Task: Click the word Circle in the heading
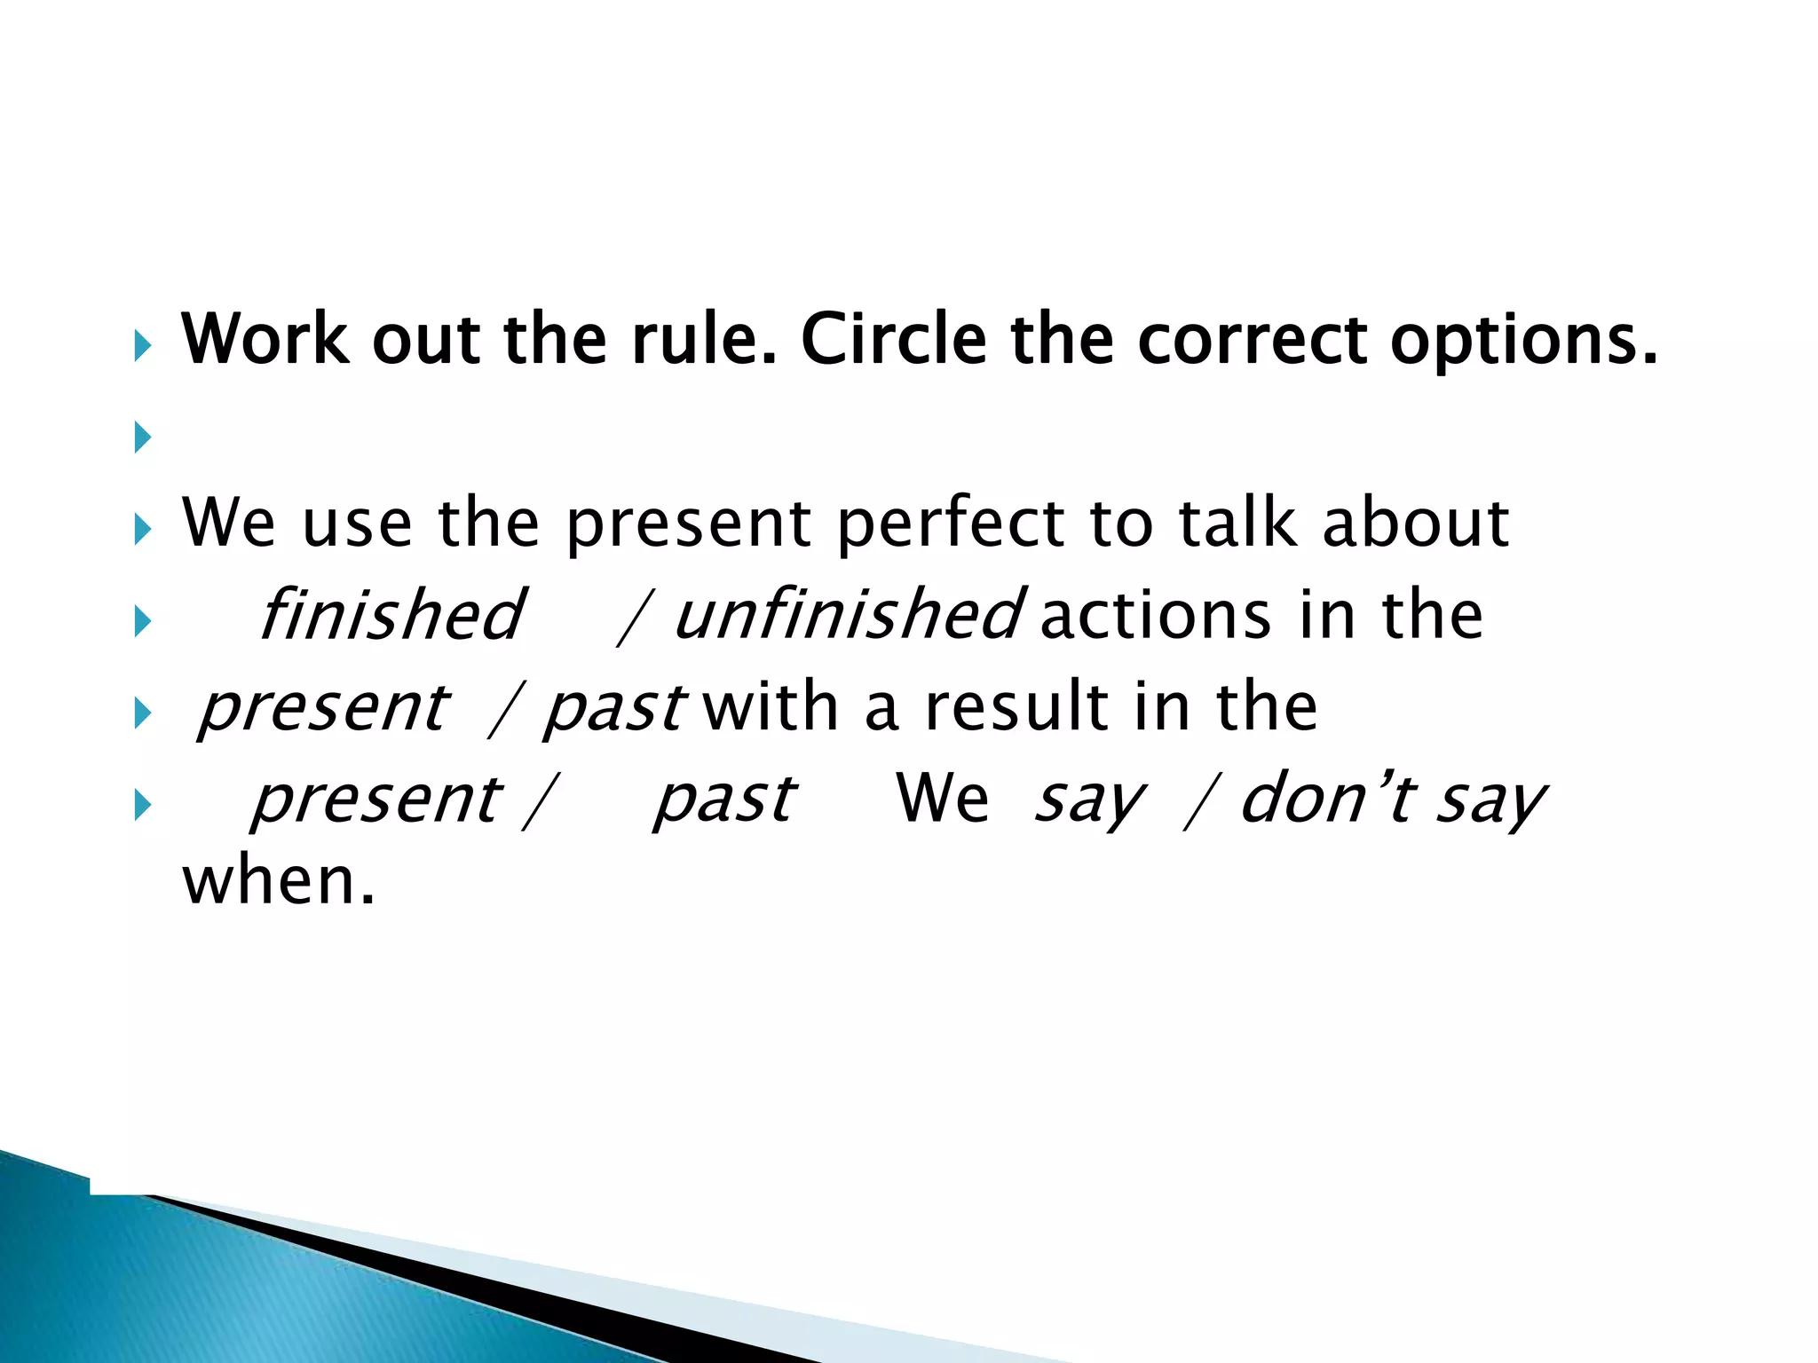(895, 339)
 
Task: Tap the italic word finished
(391, 614)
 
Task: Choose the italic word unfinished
(849, 614)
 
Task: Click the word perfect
(950, 524)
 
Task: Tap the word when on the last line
(278, 881)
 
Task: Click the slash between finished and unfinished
(634, 616)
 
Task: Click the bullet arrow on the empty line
(142, 437)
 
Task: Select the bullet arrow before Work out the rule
(142, 344)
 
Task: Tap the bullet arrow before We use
(142, 530)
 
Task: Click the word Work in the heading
(265, 339)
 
